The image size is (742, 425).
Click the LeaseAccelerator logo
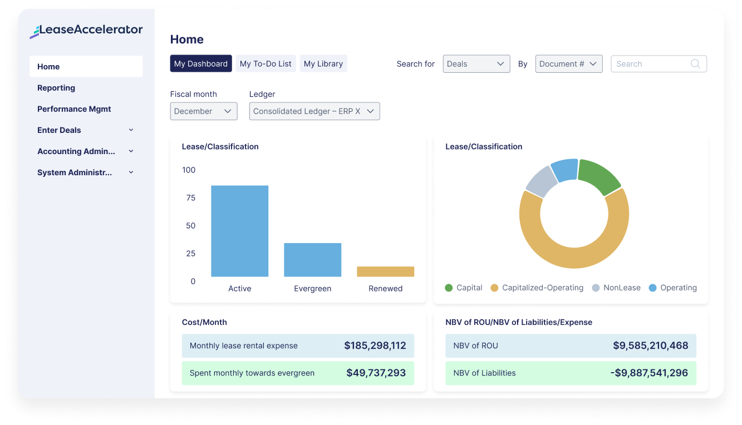pos(86,31)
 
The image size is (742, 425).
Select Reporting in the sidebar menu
pos(56,88)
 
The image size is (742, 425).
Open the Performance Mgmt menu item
pos(74,109)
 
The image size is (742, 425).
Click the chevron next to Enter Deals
pos(131,130)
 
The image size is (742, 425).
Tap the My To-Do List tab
pos(266,64)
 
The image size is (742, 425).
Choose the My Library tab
pos(323,64)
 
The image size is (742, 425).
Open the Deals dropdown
pos(476,64)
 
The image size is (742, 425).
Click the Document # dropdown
pos(568,64)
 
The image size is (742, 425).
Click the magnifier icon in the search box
pos(695,64)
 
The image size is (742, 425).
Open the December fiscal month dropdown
pos(203,111)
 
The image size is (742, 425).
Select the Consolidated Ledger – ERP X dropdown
pos(314,111)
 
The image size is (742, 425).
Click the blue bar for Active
pos(239,231)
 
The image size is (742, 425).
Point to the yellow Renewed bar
pos(385,271)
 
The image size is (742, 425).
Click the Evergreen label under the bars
pos(312,289)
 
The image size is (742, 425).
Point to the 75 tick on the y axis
pos(190,198)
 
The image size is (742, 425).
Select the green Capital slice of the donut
pos(599,176)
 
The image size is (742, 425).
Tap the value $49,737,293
pos(376,373)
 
